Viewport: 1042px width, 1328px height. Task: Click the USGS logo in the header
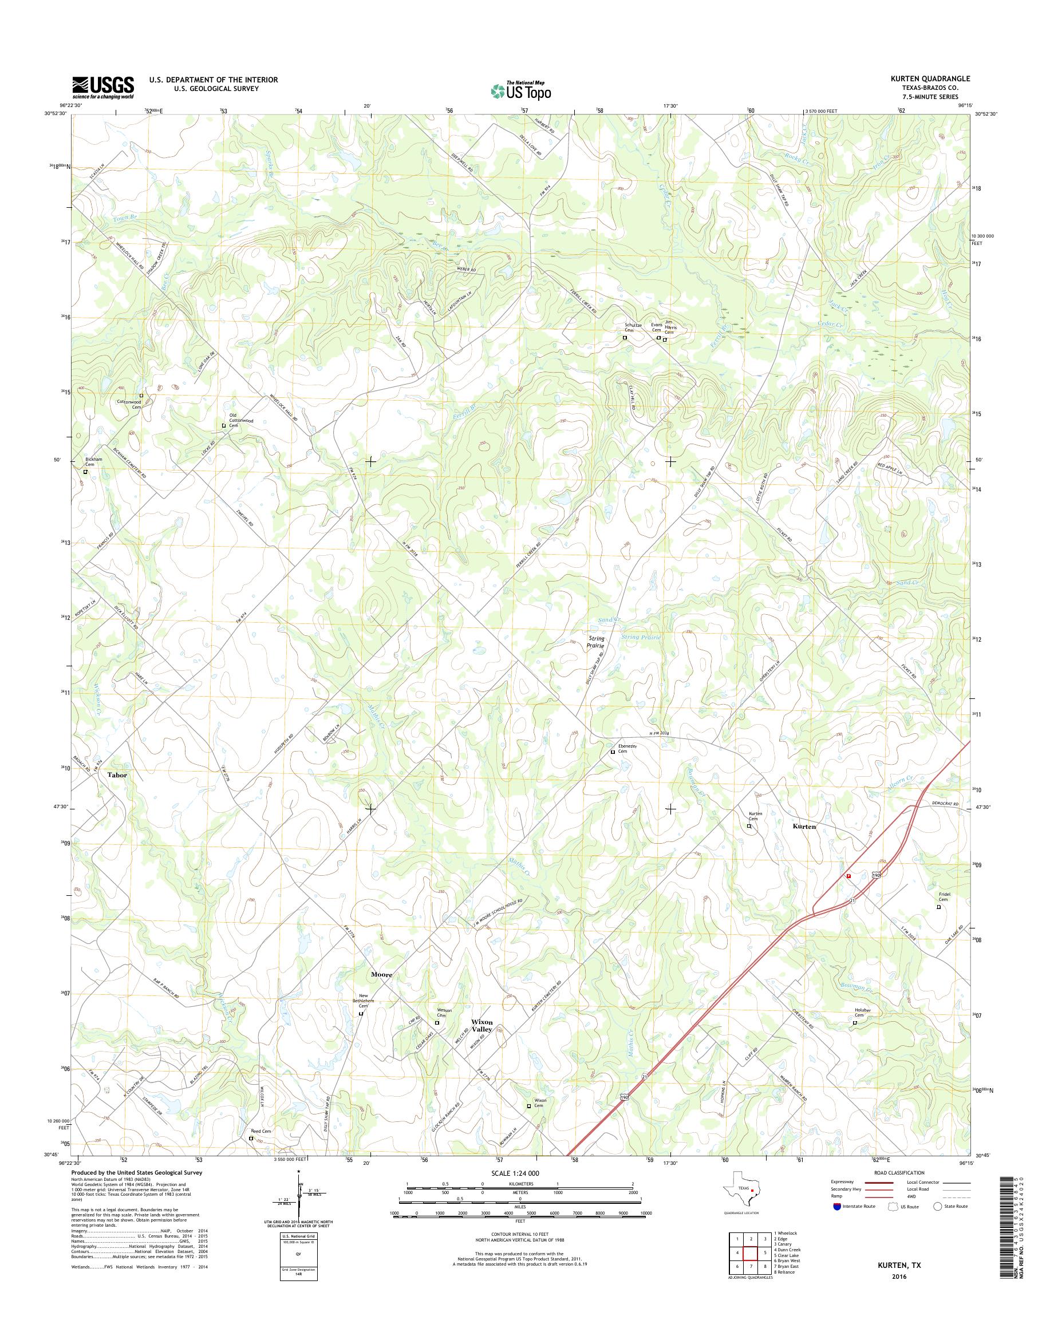(x=103, y=88)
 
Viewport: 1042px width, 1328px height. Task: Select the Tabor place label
(x=118, y=774)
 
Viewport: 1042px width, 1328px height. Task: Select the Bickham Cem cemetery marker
(x=85, y=472)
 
